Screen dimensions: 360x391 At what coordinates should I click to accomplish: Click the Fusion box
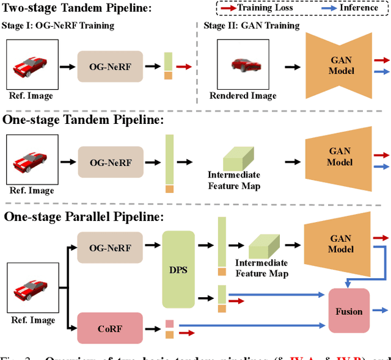349,311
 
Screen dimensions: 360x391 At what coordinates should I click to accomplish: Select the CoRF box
110,328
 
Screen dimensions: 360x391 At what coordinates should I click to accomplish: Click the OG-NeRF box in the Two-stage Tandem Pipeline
110,67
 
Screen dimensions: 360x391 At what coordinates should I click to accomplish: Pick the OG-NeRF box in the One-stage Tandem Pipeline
110,162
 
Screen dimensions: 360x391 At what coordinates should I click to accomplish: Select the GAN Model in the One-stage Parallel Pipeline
340,244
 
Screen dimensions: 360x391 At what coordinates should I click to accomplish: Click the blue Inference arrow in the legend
337,9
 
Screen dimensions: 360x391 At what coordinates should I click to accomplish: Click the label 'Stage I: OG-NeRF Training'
59,26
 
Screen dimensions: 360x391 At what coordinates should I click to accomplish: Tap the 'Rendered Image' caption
243,96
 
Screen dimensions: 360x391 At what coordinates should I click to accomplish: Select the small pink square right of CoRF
169,325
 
